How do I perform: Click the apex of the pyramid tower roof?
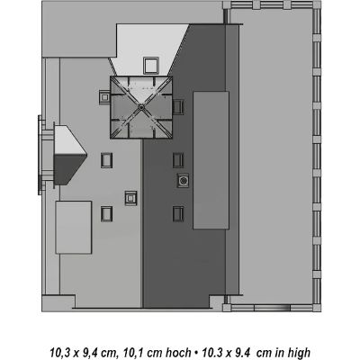tap(140, 107)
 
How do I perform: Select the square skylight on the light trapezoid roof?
tap(150, 66)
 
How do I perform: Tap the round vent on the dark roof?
tap(183, 181)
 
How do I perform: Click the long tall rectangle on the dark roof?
tap(211, 160)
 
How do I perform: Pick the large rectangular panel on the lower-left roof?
tap(74, 228)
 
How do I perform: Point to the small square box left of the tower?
tap(104, 97)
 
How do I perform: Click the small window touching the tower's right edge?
tap(178, 107)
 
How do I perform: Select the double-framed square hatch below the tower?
tap(130, 198)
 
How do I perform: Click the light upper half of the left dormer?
tap(69, 140)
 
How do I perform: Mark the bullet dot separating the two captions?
tap(196, 352)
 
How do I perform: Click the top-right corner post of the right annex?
tap(317, 4)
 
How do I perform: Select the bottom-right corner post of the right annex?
tap(317, 308)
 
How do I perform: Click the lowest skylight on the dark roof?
tap(178, 214)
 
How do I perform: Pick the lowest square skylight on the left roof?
tap(106, 214)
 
